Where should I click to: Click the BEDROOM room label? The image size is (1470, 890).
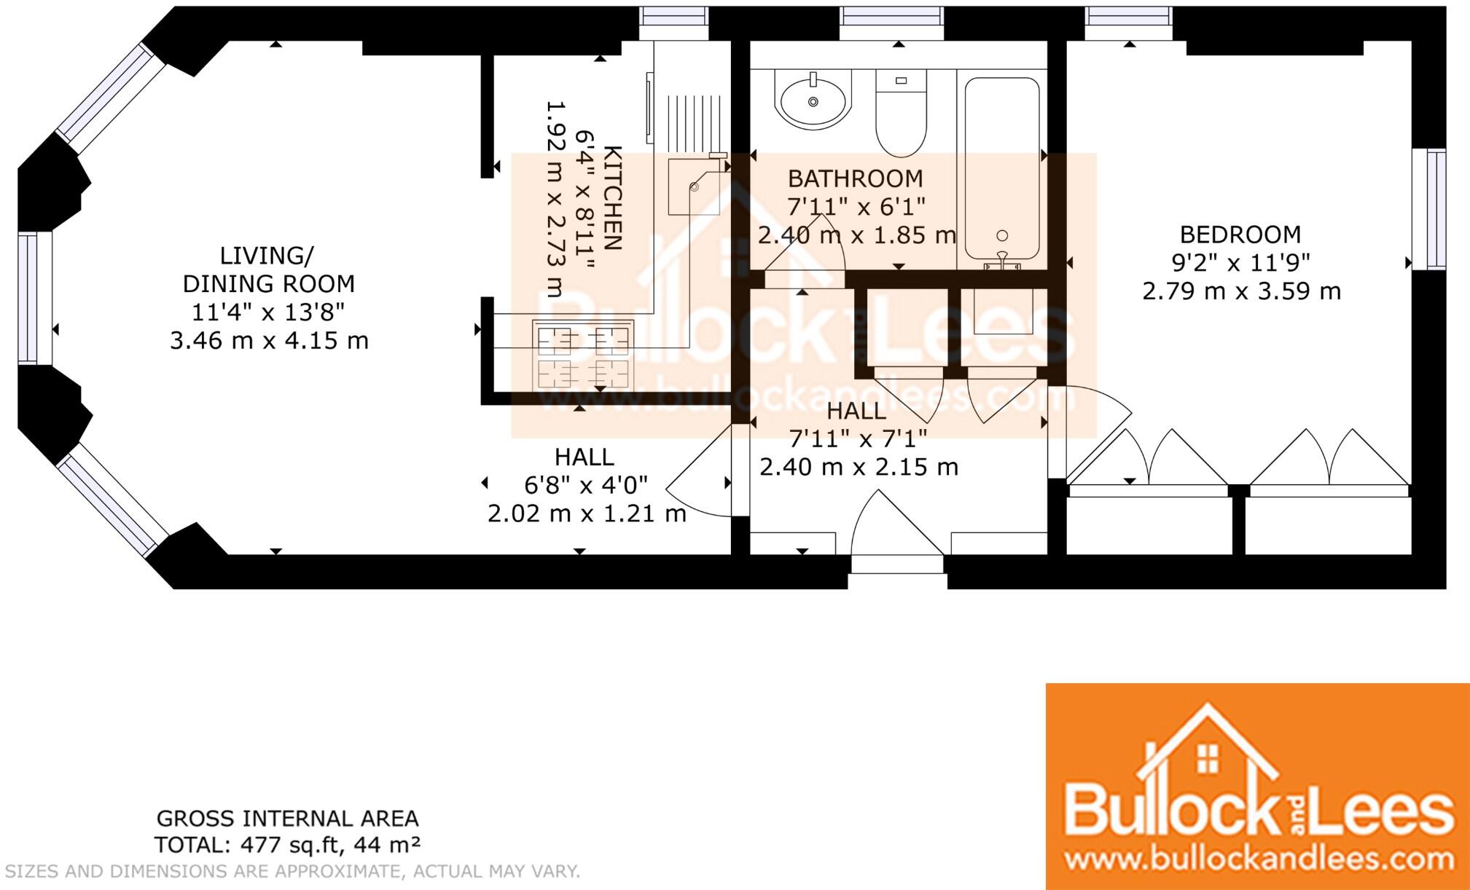tap(1240, 235)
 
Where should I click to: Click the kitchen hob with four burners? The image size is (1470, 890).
tap(583, 355)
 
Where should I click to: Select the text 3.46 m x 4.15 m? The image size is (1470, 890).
tap(269, 340)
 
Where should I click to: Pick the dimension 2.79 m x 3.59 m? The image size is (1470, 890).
tap(1241, 291)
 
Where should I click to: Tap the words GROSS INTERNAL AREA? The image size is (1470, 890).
tap(288, 819)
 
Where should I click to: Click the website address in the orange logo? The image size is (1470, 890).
tap(1259, 858)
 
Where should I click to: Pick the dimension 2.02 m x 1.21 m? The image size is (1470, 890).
tap(587, 513)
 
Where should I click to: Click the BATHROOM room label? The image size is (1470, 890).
tap(856, 178)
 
